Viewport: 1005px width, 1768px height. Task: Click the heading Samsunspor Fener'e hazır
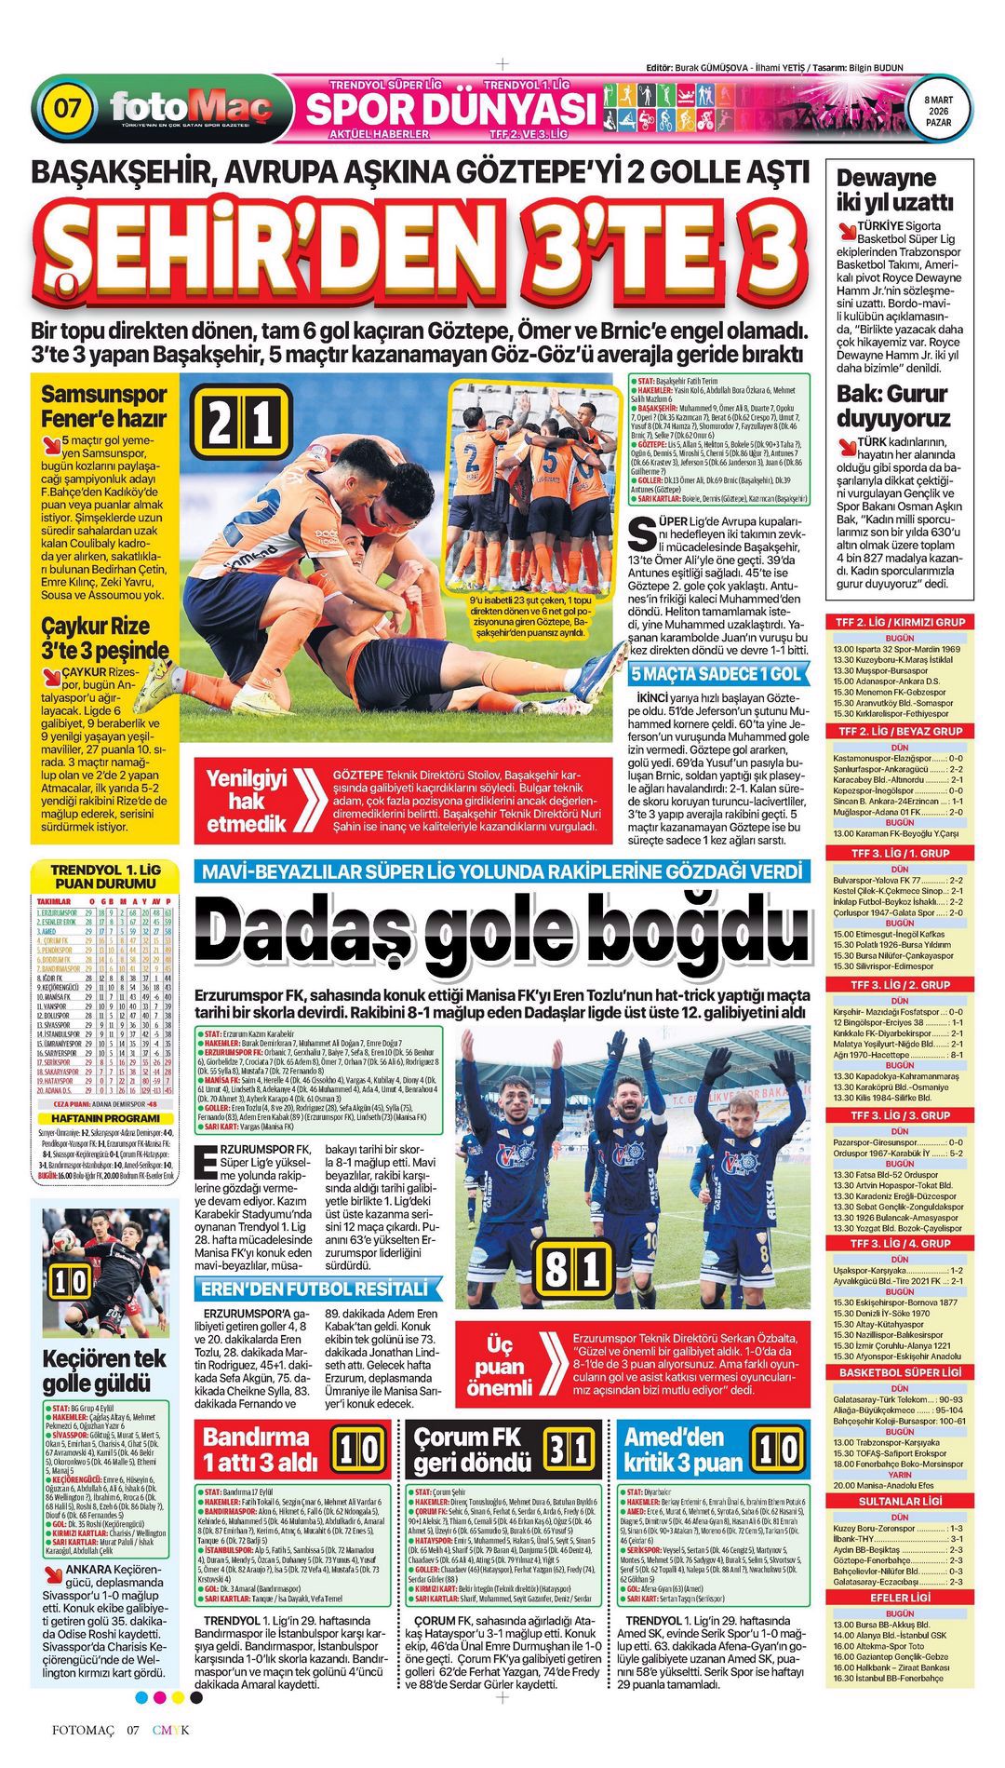coord(103,406)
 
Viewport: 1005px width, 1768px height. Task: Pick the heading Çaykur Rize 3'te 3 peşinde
coord(104,638)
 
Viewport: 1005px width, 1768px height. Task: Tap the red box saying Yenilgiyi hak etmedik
coord(247,801)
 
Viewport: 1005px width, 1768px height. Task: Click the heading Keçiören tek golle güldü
coord(104,1370)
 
